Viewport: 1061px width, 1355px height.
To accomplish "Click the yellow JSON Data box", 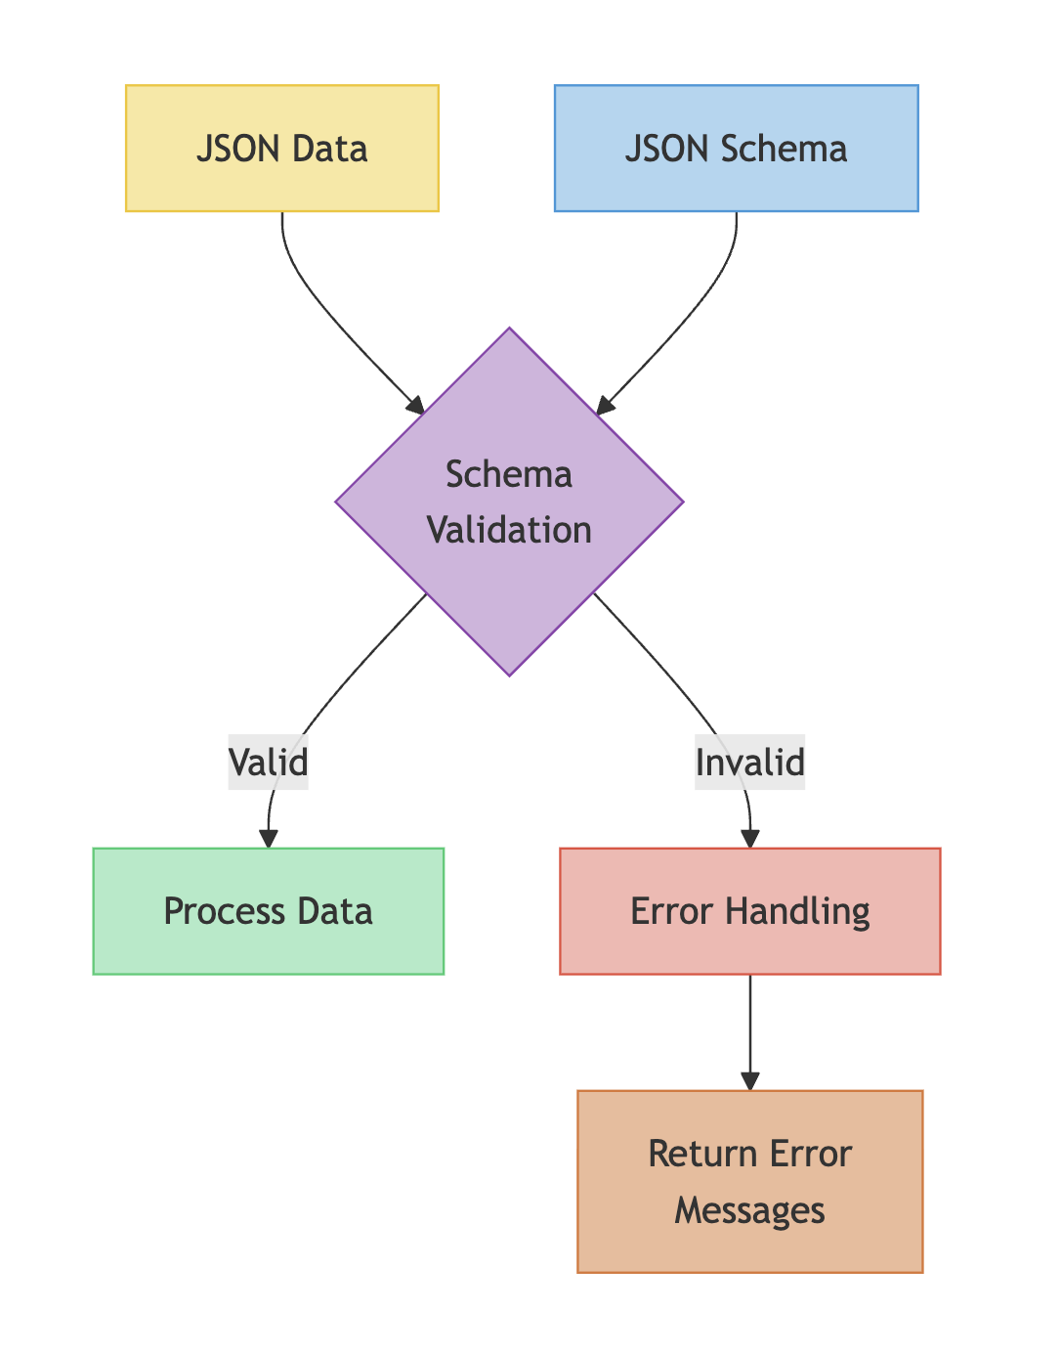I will coord(282,149).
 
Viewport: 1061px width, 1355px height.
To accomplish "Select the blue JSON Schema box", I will coord(736,149).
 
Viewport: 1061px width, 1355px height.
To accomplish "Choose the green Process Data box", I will coord(269,911).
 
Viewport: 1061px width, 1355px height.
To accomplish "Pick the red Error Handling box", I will coord(749,911).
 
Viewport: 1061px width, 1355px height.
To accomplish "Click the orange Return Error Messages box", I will coord(749,1181).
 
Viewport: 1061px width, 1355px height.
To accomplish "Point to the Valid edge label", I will coord(269,763).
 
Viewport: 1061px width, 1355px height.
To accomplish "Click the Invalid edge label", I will coord(749,763).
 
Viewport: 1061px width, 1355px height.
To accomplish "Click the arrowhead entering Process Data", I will coord(269,839).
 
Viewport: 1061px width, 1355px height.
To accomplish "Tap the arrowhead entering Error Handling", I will coord(749,839).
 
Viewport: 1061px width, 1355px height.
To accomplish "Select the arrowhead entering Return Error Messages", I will coord(749,1080).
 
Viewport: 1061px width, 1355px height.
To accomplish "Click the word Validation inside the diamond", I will coord(509,530).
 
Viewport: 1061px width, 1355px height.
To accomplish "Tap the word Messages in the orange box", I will coord(749,1210).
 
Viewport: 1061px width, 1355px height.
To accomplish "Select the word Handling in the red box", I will coord(797,911).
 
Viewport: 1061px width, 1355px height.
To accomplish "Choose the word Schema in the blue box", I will coord(784,149).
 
